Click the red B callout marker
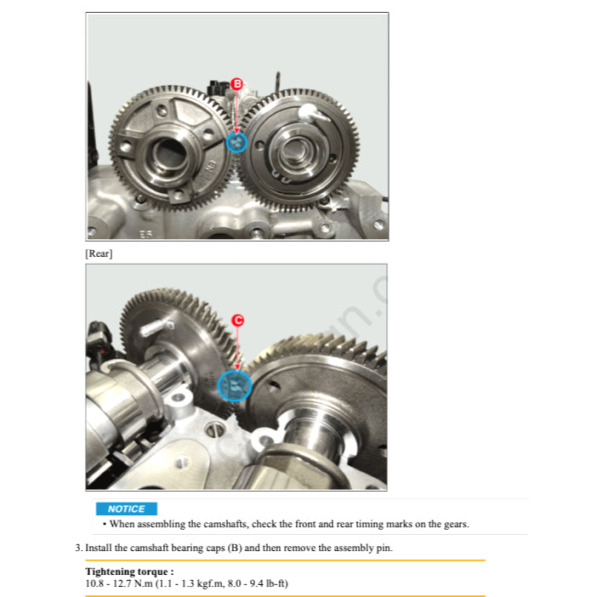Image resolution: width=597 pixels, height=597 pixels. pyautogui.click(x=237, y=83)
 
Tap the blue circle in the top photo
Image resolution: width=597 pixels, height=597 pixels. pyautogui.click(x=237, y=143)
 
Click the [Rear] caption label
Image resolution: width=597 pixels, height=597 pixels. pyautogui.click(x=99, y=253)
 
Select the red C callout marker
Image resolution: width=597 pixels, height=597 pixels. pyautogui.click(x=237, y=320)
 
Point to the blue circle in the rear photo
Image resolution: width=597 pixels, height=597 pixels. pyautogui.click(x=235, y=387)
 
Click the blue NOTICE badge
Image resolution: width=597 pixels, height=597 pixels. pyautogui.click(x=126, y=509)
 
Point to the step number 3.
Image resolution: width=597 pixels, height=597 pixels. pyautogui.click(x=78, y=548)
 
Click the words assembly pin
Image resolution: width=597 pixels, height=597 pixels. pyautogui.click(x=361, y=548)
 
